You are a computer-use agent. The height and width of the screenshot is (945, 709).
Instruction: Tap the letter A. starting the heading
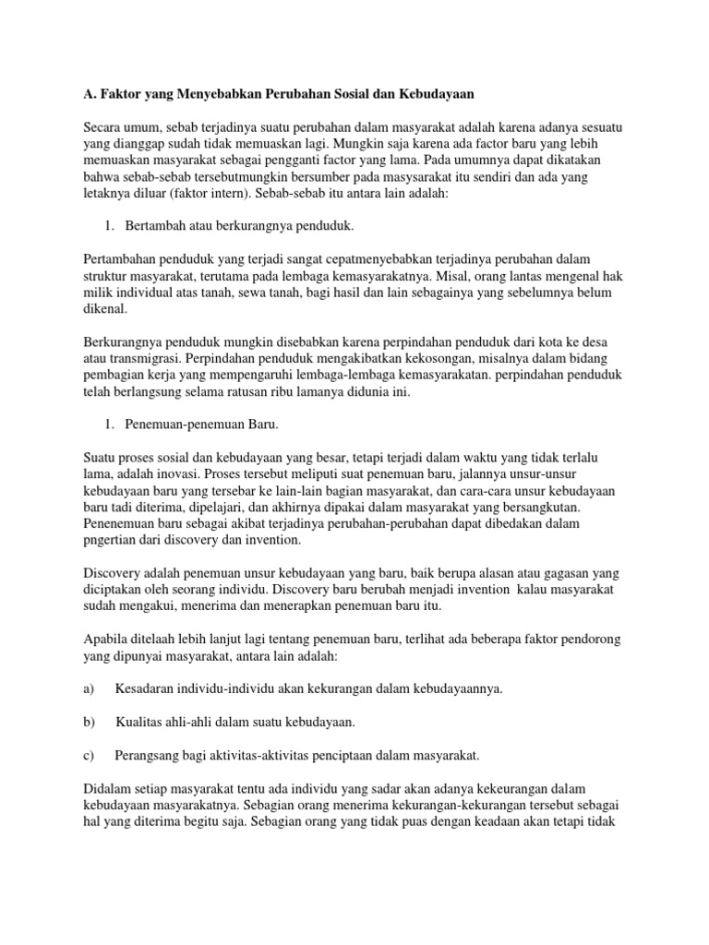pyautogui.click(x=90, y=95)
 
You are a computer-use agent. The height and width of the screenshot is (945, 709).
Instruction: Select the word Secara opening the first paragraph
pyautogui.click(x=103, y=126)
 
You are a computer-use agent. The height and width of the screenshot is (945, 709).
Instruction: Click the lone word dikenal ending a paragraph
pyautogui.click(x=105, y=309)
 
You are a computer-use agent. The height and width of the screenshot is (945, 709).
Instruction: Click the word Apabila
pyautogui.click(x=107, y=640)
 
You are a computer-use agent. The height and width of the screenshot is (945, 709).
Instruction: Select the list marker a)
pyautogui.click(x=90, y=689)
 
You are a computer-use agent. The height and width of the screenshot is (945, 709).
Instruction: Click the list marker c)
pyautogui.click(x=90, y=755)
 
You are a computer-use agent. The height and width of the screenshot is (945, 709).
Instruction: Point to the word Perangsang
pyautogui.click(x=150, y=755)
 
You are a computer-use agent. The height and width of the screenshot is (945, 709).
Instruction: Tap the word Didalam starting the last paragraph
pyautogui.click(x=109, y=788)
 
